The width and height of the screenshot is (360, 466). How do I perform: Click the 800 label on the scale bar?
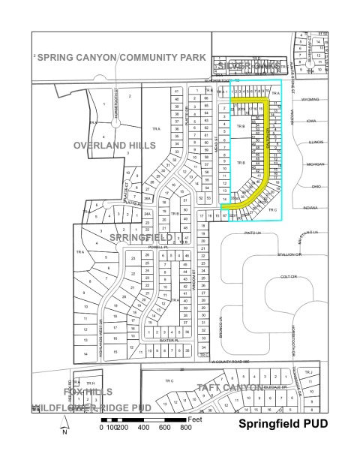tap(185, 427)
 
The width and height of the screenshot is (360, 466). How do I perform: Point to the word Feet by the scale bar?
tap(196, 418)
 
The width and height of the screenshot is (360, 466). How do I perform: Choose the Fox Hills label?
tap(73, 392)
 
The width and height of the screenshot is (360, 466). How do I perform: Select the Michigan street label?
tap(315, 164)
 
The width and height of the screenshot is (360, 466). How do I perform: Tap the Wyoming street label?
tap(310, 99)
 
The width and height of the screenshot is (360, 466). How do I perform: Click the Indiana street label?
tap(310, 207)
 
